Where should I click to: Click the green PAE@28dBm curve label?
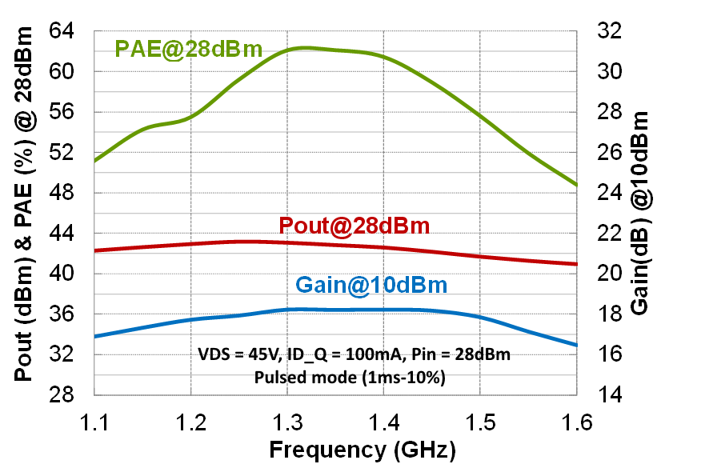pyautogui.click(x=189, y=50)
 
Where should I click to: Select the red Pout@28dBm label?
pyautogui.click(x=354, y=226)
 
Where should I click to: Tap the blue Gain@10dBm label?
pyautogui.click(x=371, y=284)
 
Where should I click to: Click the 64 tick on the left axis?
pyautogui.click(x=68, y=31)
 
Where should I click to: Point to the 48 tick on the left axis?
pyautogui.click(x=68, y=193)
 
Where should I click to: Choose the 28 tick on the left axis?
pyautogui.click(x=68, y=395)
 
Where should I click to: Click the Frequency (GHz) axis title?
pyautogui.click(x=363, y=449)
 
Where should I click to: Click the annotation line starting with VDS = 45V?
pyautogui.click(x=352, y=354)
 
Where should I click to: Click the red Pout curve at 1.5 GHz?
pyautogui.click(x=479, y=256)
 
